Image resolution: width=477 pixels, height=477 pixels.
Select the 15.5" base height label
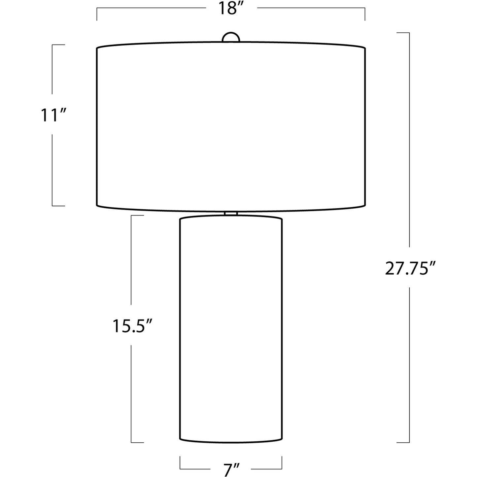pos(132,326)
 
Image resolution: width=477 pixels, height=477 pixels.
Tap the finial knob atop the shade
pos(231,37)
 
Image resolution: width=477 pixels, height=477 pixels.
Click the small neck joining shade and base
pos(231,214)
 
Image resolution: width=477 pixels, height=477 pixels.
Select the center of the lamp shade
pos(231,127)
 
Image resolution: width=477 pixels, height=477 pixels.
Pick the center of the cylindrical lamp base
pos(231,308)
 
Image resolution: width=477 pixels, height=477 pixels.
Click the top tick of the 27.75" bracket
pos(403,33)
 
